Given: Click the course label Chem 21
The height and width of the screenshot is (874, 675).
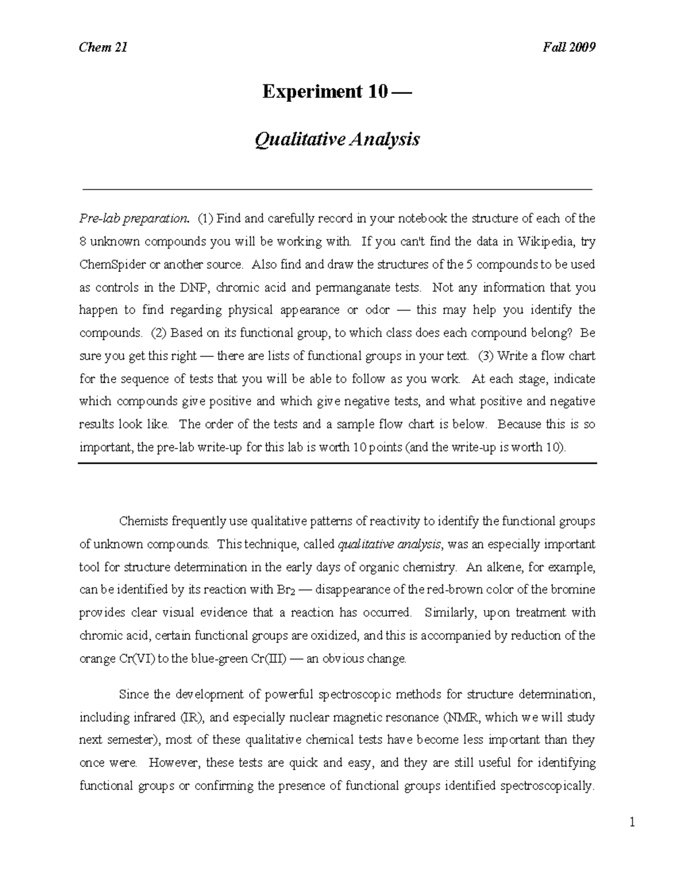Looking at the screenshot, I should pyautogui.click(x=103, y=47).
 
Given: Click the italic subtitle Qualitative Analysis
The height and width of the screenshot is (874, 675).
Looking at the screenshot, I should pyautogui.click(x=337, y=139).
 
